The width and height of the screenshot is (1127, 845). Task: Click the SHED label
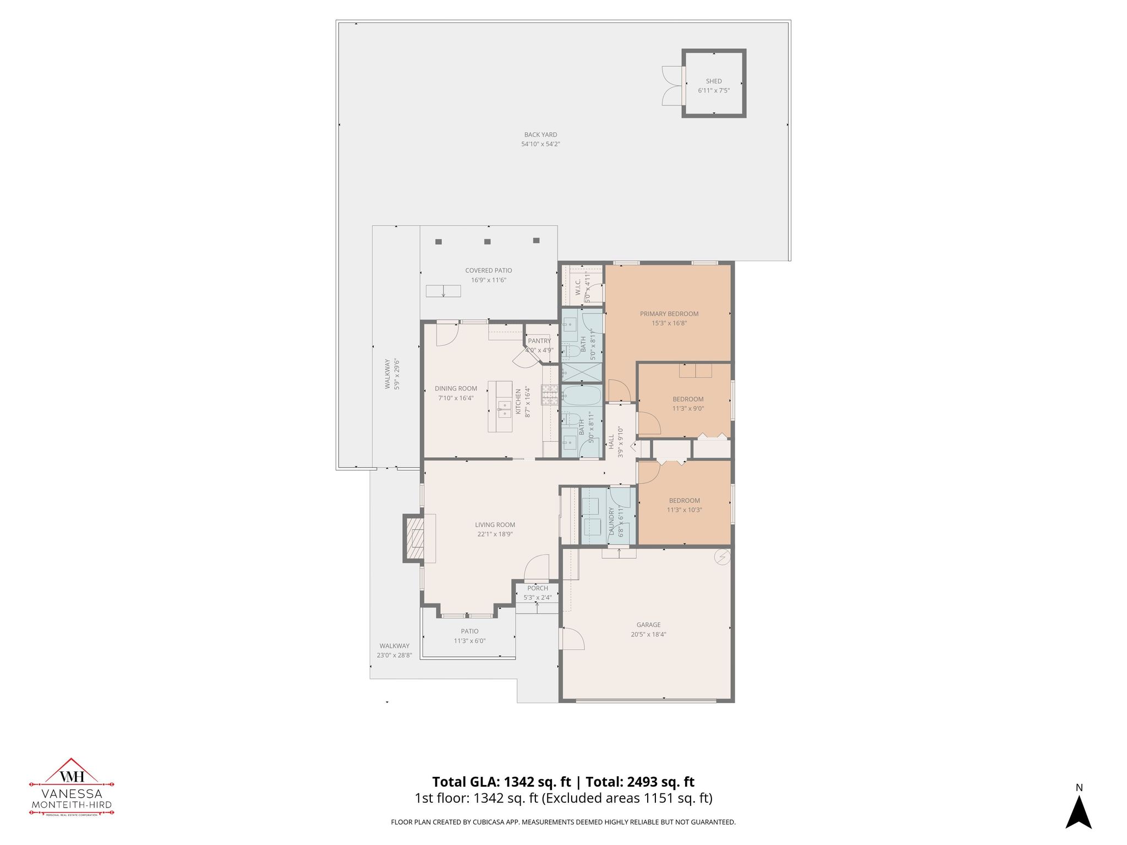[x=714, y=81]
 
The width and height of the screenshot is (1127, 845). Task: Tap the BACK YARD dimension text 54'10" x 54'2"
[x=540, y=144]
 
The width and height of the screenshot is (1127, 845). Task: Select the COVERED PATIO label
[x=488, y=270]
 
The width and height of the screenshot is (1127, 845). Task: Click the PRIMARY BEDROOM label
[x=669, y=314]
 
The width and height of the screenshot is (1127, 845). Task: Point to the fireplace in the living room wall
[x=414, y=538]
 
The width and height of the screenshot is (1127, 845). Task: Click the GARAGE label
[x=648, y=624]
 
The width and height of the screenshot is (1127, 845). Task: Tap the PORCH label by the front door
[x=537, y=588]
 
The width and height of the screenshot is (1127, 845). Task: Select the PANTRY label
[x=539, y=341]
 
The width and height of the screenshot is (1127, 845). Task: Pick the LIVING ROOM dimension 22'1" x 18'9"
[x=495, y=534]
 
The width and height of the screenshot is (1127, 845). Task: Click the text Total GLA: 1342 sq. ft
[x=501, y=782]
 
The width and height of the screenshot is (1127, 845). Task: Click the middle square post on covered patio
[x=487, y=242]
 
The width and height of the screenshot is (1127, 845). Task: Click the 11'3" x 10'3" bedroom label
[x=684, y=510]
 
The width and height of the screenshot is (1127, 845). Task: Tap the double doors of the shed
[x=671, y=85]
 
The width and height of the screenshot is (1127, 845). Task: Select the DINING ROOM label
[x=456, y=388]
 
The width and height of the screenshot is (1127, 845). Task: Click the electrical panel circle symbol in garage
[x=721, y=558]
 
